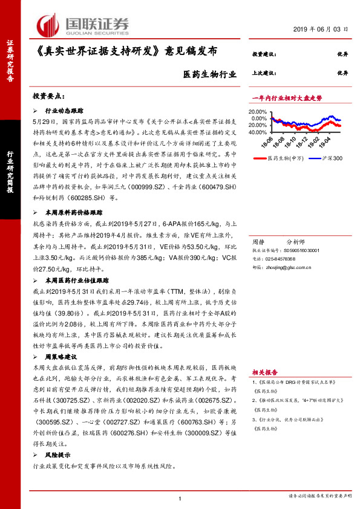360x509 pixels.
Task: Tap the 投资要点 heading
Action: point(48,96)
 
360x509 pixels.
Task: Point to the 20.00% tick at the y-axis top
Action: point(257,112)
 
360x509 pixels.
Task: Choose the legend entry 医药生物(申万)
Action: point(284,158)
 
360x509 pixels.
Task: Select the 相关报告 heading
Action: point(264,373)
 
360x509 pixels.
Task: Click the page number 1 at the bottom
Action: point(180,498)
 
